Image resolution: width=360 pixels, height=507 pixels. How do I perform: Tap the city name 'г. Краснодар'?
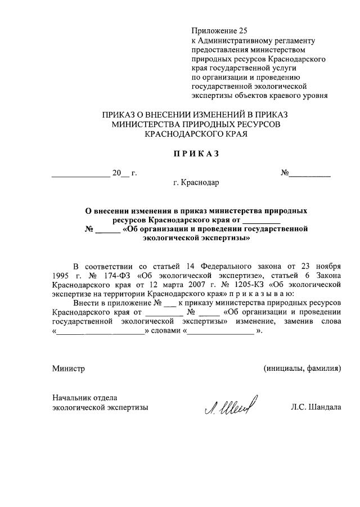(196, 183)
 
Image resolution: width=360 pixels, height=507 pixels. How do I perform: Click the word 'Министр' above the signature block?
(68, 369)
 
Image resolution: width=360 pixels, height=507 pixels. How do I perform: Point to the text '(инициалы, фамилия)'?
(302, 369)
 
